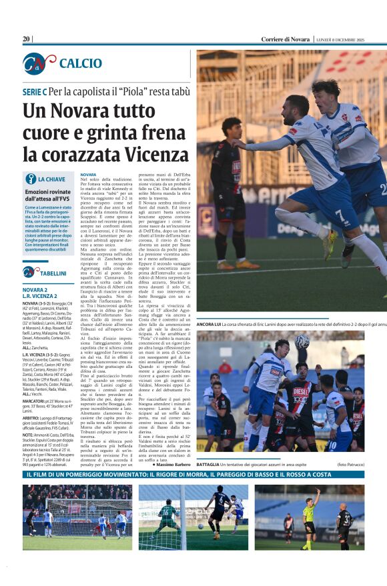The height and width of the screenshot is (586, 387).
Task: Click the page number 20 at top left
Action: (x=27, y=39)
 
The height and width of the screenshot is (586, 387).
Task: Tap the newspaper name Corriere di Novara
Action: (x=285, y=40)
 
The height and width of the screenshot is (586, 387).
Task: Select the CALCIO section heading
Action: (x=81, y=63)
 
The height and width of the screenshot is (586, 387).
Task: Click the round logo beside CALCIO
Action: (x=39, y=63)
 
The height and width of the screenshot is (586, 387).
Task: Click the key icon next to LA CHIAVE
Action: (x=30, y=179)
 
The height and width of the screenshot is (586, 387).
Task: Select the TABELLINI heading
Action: (x=53, y=273)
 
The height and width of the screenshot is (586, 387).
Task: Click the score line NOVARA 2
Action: (x=35, y=290)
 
